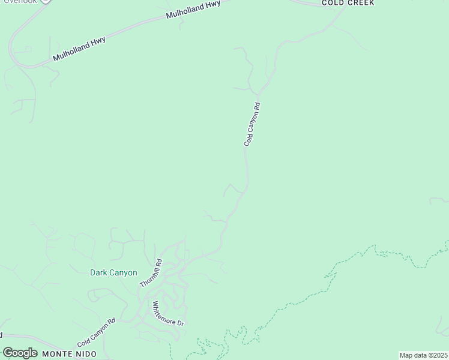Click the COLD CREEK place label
pyautogui.click(x=348, y=3)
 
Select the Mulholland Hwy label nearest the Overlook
pyautogui.click(x=79, y=49)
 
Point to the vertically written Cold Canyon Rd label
pyautogui.click(x=252, y=124)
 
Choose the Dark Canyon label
pyautogui.click(x=113, y=272)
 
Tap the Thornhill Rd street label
pyautogui.click(x=151, y=272)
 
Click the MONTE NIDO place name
pyautogui.click(x=66, y=354)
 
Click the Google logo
pyautogui.click(x=20, y=353)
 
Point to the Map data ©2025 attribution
pyautogui.click(x=423, y=355)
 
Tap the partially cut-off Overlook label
pyautogui.click(x=21, y=1)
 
